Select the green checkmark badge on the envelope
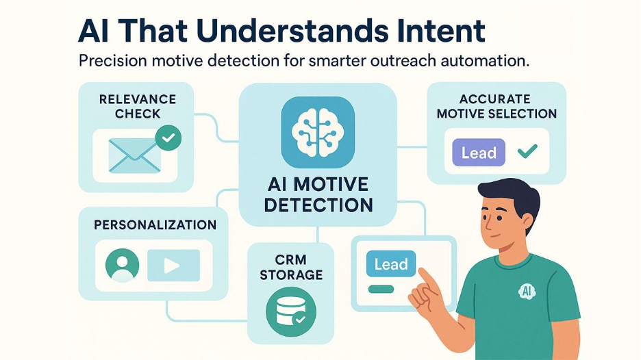tap(168, 138)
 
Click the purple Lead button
tap(479, 153)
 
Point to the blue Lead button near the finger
tap(391, 265)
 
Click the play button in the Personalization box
tap(173, 265)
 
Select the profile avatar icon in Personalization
tap(123, 265)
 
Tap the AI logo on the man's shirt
tap(527, 291)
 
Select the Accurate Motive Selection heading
tap(497, 106)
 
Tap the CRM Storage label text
tap(290, 268)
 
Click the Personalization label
tap(155, 224)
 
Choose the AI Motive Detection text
tap(318, 194)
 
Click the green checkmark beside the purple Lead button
tap(527, 152)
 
